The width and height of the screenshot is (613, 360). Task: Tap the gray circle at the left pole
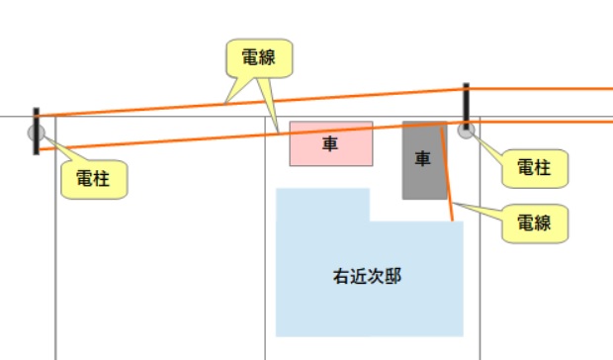coord(37,132)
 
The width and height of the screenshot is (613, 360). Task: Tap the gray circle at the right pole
coord(467,130)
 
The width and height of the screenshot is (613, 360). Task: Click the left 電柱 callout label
coord(94,181)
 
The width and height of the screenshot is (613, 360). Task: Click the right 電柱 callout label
coord(535,168)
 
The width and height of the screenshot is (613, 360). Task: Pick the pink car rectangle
coord(330,144)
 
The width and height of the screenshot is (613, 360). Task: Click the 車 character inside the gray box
coord(423,157)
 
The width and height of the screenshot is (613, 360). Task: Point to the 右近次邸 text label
coord(368,276)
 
